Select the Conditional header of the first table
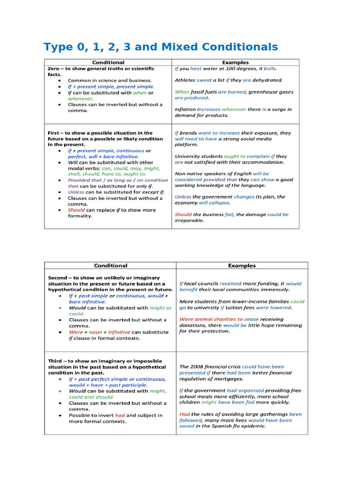108,62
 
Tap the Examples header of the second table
242,266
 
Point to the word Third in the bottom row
56,361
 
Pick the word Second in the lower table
59,277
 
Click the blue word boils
270,68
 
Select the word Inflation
185,109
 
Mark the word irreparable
189,220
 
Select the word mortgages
227,379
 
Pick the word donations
193,325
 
